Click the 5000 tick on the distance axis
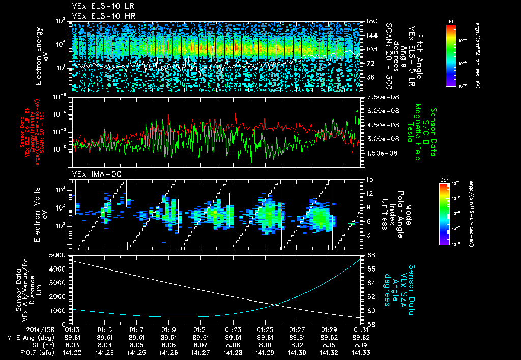(60, 254)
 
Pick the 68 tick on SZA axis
(370, 254)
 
